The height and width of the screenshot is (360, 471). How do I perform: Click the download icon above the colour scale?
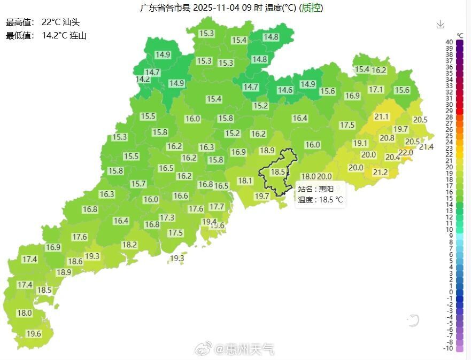(x=440, y=24)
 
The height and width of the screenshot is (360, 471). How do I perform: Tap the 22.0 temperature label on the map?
(x=406, y=153)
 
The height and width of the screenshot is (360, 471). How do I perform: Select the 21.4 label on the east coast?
(x=426, y=147)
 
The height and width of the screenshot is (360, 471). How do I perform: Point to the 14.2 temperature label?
(x=143, y=79)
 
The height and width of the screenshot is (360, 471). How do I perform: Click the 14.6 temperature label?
(x=285, y=90)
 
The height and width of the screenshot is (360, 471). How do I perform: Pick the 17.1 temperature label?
(x=376, y=90)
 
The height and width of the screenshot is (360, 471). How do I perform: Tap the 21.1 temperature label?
(x=382, y=116)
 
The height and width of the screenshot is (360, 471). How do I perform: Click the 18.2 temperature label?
(x=129, y=245)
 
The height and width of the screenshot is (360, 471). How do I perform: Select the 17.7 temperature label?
(x=217, y=207)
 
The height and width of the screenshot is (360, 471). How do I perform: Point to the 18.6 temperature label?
(x=75, y=261)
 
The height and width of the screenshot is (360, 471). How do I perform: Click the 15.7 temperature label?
(x=138, y=184)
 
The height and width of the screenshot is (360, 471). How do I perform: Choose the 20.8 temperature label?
(x=387, y=138)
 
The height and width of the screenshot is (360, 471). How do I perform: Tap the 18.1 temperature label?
(x=245, y=181)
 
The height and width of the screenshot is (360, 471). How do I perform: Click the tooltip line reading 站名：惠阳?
(x=315, y=189)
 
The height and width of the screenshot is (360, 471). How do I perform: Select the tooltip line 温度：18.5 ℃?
(x=320, y=200)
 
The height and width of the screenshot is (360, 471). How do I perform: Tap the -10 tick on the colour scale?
(x=449, y=348)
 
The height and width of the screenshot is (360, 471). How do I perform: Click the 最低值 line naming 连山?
(x=46, y=36)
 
